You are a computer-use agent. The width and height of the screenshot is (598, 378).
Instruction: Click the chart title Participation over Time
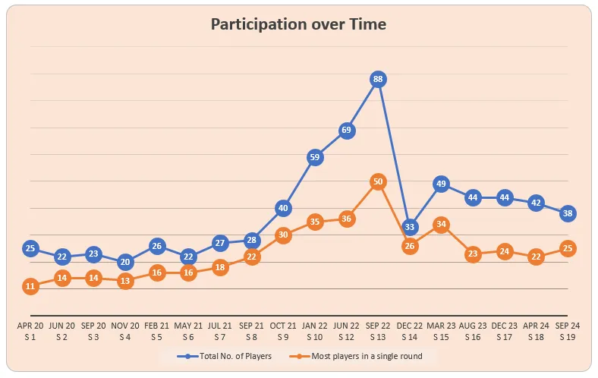click(x=298, y=25)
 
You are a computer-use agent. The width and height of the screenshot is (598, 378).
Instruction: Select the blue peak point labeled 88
click(x=378, y=79)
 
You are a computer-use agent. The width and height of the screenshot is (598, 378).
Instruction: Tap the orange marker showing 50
click(x=378, y=181)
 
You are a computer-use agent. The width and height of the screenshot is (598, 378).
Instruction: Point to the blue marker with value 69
click(x=346, y=131)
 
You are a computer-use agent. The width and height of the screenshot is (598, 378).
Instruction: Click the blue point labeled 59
click(x=315, y=157)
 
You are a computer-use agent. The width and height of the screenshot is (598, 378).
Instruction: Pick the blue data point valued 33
click(x=410, y=227)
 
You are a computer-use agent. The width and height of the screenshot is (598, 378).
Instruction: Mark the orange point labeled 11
click(x=30, y=286)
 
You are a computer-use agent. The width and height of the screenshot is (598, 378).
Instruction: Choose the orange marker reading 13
click(x=125, y=281)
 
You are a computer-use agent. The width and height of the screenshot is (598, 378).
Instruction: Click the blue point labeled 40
click(x=283, y=208)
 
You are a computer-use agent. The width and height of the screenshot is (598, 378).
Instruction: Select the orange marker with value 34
click(x=442, y=225)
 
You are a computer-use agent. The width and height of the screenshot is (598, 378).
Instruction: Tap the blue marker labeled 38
click(x=568, y=213)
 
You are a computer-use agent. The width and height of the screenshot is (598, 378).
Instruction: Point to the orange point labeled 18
click(x=220, y=267)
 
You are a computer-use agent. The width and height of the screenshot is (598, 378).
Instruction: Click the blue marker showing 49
click(x=442, y=184)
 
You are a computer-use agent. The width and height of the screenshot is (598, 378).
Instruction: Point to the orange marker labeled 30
click(x=283, y=235)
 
